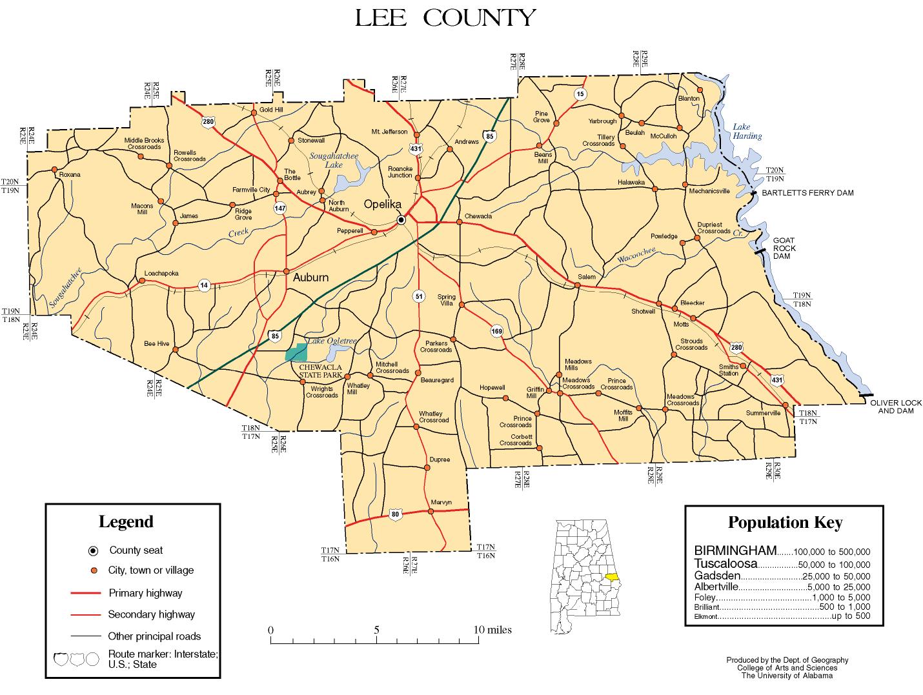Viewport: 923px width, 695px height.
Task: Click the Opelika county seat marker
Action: click(401, 219)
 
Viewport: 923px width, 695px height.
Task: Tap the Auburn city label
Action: click(310, 277)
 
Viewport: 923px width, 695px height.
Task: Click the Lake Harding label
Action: click(747, 132)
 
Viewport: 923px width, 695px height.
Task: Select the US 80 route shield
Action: click(395, 514)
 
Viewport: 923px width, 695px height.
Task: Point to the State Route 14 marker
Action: click(204, 285)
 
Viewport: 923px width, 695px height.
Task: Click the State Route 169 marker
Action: click(496, 331)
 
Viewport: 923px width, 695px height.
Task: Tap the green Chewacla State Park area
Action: click(296, 352)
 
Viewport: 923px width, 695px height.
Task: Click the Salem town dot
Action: click(577, 284)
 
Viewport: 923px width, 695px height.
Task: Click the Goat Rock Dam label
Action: click(784, 248)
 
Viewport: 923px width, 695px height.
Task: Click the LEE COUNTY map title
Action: click(445, 18)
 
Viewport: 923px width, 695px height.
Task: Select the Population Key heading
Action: click(785, 523)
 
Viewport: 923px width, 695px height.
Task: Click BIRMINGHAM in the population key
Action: click(735, 550)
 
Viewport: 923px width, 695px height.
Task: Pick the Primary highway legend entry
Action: click(145, 593)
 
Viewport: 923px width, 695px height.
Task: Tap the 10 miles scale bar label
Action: click(492, 630)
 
